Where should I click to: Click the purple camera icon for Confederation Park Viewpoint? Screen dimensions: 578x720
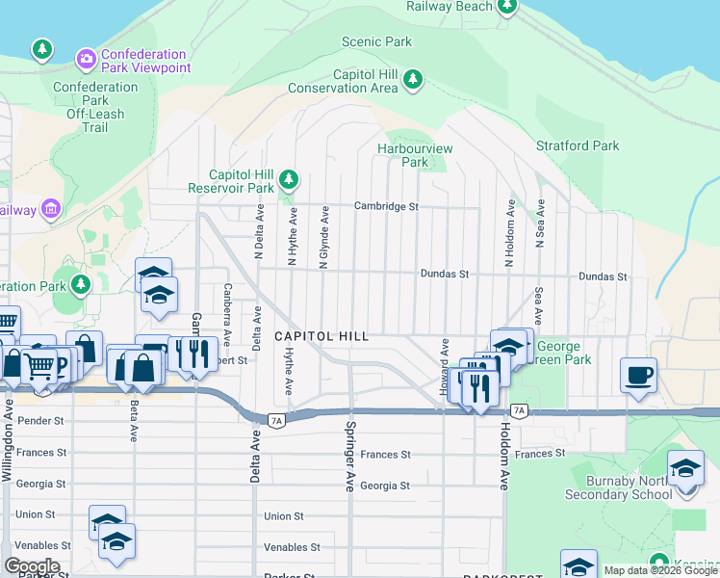point(87,60)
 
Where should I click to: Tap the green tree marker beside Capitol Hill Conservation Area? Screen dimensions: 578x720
point(413,79)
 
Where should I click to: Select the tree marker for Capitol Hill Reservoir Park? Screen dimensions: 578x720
point(288,179)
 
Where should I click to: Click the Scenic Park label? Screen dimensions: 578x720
point(377,41)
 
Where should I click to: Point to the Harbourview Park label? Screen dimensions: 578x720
point(415,156)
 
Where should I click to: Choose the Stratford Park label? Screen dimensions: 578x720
point(578,146)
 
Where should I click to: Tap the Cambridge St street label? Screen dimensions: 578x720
point(386,206)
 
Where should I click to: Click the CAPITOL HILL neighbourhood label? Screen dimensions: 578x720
point(321,336)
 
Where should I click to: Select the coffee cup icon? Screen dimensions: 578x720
point(639,375)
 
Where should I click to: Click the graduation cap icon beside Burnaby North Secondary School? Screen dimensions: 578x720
point(685,469)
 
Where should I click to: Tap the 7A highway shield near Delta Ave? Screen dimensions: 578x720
point(275,420)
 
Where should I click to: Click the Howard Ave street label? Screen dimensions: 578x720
point(445,366)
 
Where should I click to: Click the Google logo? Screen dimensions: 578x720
point(32,565)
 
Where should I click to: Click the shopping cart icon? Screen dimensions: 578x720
point(39,364)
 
